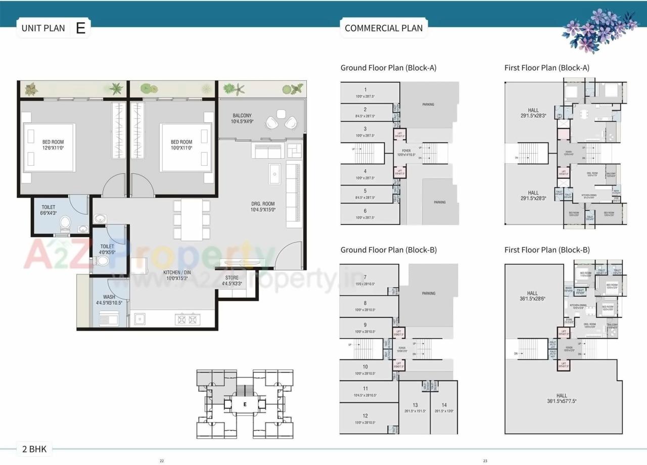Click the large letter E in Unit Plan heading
[80, 28]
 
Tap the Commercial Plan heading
[383, 28]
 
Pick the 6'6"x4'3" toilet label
[49, 210]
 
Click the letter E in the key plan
[245, 404]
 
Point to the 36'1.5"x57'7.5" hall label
[561, 398]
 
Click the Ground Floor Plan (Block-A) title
[388, 68]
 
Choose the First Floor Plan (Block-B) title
[547, 250]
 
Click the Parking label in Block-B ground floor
[429, 293]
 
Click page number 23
[485, 460]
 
